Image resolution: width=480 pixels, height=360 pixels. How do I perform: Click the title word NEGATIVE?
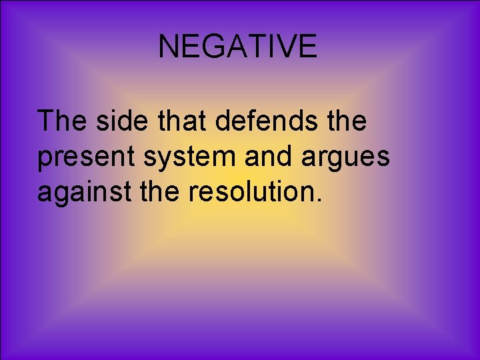tap(237, 46)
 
